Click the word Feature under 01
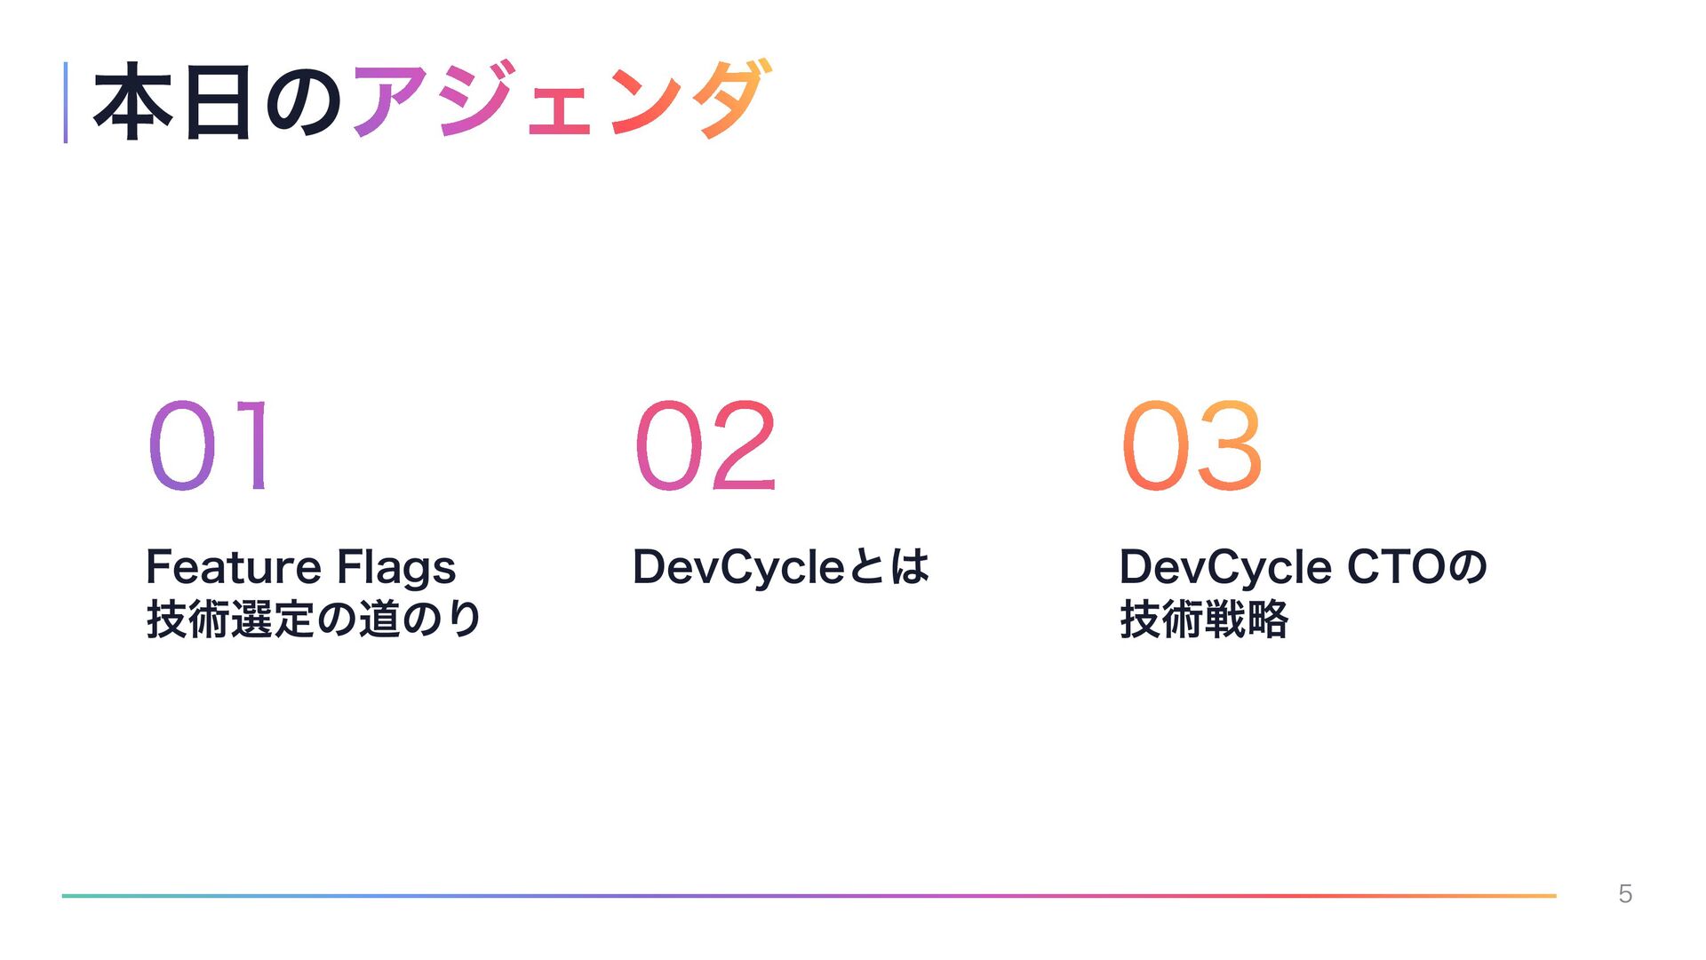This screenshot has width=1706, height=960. pyautogui.click(x=233, y=566)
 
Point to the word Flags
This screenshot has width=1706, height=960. pyautogui.click(x=396, y=569)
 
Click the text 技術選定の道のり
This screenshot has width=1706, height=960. pyautogui.click(x=314, y=619)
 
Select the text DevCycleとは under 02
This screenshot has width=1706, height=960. pyautogui.click(x=781, y=567)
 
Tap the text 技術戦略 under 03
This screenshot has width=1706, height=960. pyautogui.click(x=1204, y=619)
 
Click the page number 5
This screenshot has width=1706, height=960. pyautogui.click(x=1625, y=894)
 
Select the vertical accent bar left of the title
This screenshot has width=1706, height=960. pyautogui.click(x=65, y=102)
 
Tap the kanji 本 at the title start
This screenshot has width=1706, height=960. pyautogui.click(x=133, y=102)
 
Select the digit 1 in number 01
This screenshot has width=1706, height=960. pyautogui.click(x=254, y=444)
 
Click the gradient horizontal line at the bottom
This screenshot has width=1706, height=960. pyautogui.click(x=809, y=895)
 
